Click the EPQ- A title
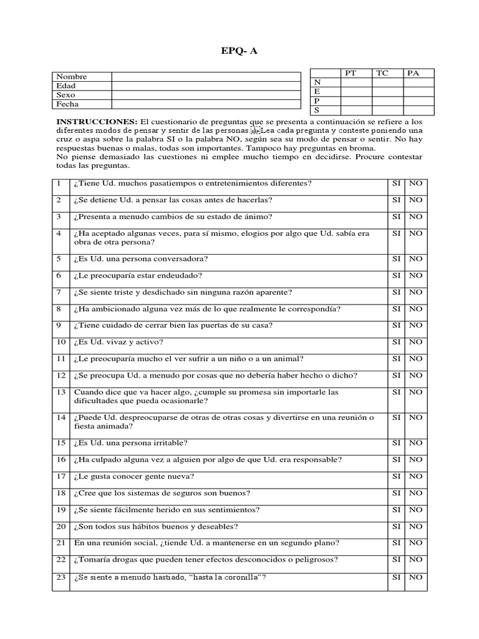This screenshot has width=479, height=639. [239, 51]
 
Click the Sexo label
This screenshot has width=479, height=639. [65, 95]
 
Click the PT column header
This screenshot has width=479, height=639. [351, 73]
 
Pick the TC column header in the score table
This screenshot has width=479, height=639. [382, 73]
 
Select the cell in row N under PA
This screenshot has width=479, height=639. [419, 82]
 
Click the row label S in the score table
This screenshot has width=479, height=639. [317, 110]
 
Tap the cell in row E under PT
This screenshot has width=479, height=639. [356, 91]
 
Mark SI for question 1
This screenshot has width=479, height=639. [396, 183]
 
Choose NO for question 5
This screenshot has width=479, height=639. [415, 259]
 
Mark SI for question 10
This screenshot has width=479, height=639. [396, 342]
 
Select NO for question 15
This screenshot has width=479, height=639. [415, 443]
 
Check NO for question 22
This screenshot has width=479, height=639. [415, 560]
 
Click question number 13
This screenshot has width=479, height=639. [60, 393]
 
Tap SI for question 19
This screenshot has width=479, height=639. [396, 510]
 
